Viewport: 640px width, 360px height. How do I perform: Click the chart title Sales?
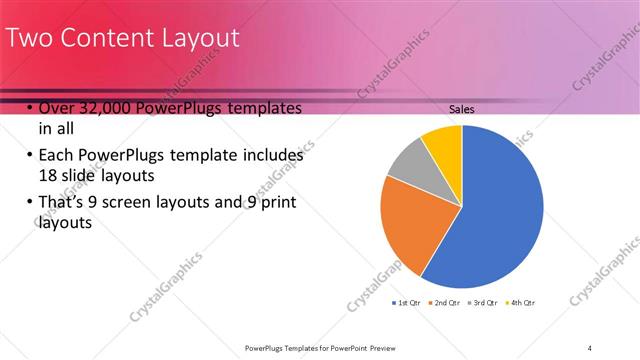[x=461, y=109]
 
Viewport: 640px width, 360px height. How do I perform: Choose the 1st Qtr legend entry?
[x=405, y=301]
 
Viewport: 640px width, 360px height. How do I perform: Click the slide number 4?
[x=590, y=347]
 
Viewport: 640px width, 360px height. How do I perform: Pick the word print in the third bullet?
[x=277, y=203]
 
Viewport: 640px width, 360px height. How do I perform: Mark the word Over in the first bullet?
[x=56, y=108]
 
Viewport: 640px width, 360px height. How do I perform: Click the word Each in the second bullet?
[x=56, y=155]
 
